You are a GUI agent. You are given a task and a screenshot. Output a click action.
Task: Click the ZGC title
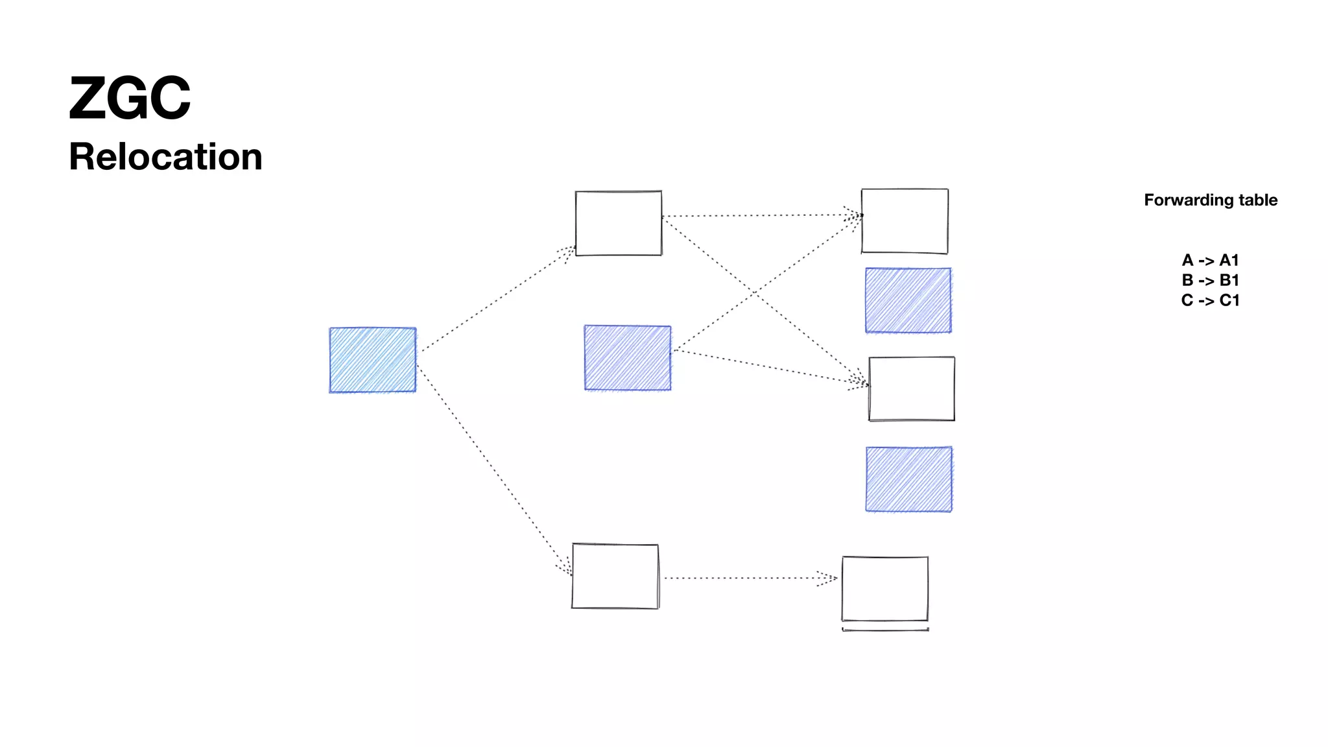[x=130, y=99]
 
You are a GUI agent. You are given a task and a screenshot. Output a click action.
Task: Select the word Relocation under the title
[x=165, y=157]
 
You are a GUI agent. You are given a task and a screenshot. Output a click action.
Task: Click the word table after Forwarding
[x=1257, y=200]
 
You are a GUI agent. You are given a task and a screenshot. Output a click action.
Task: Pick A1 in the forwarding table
[x=1229, y=261]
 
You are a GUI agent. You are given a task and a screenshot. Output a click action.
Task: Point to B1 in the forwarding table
[x=1229, y=281]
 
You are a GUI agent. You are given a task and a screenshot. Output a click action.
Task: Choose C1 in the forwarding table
[x=1229, y=301]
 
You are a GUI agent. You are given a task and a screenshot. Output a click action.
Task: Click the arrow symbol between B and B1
[x=1206, y=281]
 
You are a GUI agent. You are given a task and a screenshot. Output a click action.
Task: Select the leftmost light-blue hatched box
[x=373, y=360]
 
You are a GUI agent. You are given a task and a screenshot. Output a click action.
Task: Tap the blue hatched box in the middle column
[x=628, y=358]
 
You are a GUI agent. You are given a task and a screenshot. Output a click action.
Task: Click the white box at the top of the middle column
[x=619, y=223]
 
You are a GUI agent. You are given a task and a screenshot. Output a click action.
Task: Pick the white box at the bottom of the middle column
[x=615, y=576]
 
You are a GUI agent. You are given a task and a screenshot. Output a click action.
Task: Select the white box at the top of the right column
[x=905, y=221]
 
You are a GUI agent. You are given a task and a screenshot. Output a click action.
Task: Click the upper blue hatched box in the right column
[x=908, y=301]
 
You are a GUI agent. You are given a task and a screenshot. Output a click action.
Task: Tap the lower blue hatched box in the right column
[x=909, y=480]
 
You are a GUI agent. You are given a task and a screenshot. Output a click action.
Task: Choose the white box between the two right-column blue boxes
[x=912, y=389]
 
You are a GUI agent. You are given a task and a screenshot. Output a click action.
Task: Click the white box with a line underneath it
[x=885, y=589]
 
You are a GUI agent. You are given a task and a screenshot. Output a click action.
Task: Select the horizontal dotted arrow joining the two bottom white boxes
[x=749, y=578]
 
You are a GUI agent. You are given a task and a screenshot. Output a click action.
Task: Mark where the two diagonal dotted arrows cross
[x=754, y=293]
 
